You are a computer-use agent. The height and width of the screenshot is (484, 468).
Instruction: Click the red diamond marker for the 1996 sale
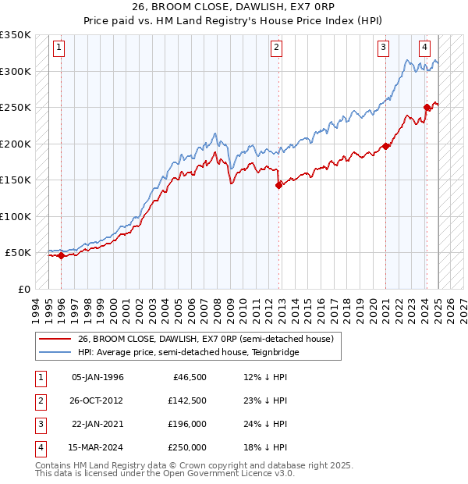[x=61, y=255]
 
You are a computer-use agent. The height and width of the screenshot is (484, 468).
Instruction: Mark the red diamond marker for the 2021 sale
[x=385, y=147]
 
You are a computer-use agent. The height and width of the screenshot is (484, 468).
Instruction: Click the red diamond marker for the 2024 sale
[x=427, y=108]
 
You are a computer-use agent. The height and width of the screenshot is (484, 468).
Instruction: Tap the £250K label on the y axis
[x=16, y=108]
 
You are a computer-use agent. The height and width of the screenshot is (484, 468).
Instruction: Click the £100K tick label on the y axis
[x=16, y=216]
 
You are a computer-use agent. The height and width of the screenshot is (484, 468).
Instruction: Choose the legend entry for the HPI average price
[x=188, y=353]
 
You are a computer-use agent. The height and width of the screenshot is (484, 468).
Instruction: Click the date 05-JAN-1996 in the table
[x=97, y=376]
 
